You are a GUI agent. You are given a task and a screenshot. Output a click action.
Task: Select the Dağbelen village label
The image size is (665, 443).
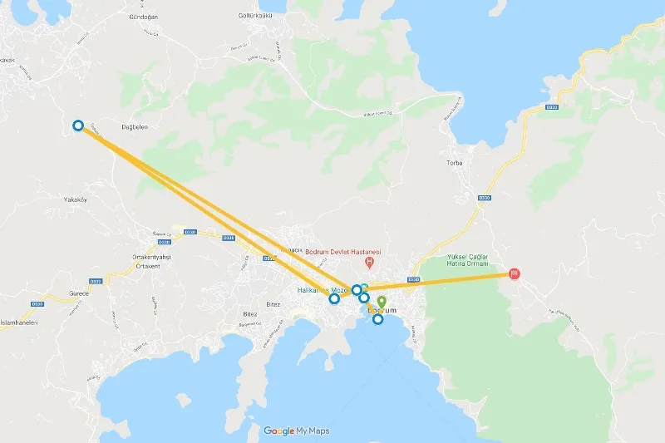click(x=114, y=127)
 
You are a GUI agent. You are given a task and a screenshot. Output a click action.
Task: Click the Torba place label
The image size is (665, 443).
click(x=454, y=162)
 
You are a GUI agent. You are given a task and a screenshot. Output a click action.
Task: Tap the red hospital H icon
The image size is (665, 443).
click(x=369, y=263)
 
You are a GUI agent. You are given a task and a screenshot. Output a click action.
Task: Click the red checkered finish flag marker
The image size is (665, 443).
click(x=515, y=274)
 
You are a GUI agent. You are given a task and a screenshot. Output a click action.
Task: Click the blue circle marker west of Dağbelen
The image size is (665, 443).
click(x=78, y=126)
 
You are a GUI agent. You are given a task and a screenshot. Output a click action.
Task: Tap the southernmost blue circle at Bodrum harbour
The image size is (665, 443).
click(x=378, y=319)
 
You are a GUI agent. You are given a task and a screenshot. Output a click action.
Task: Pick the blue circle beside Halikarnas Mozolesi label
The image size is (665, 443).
click(x=334, y=298)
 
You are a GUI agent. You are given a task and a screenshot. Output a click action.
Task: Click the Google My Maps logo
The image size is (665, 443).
click(x=297, y=431)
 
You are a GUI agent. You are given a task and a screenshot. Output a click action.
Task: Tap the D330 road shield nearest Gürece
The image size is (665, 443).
click(x=95, y=283)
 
